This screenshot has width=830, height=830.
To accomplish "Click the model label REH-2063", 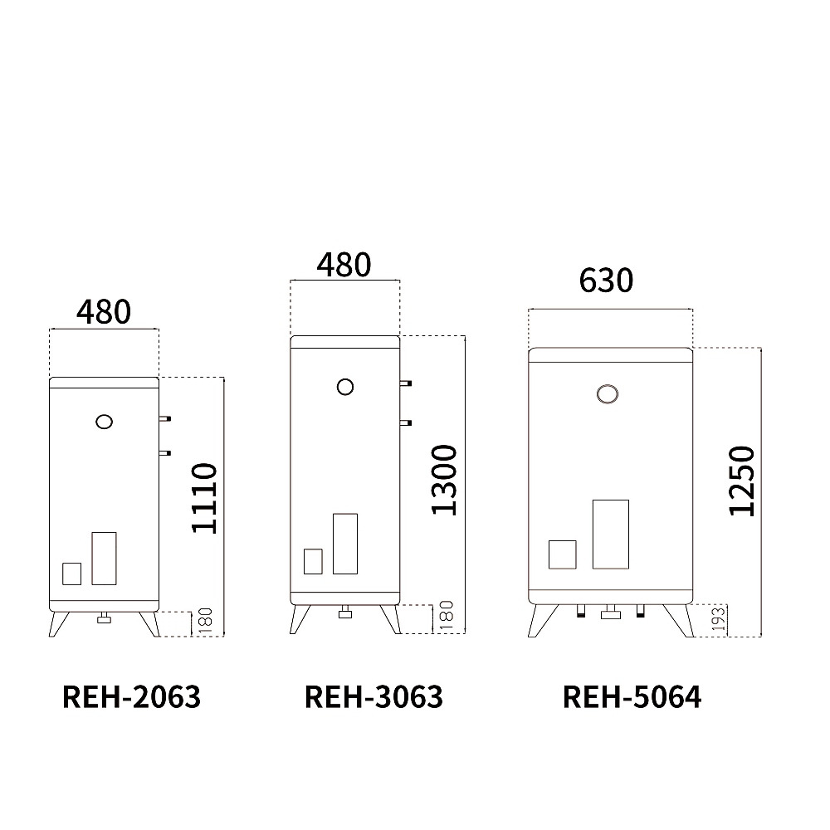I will pyautogui.click(x=131, y=696).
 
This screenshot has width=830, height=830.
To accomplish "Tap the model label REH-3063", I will pyautogui.click(x=373, y=696).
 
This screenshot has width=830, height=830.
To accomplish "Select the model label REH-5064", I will pyautogui.click(x=632, y=696).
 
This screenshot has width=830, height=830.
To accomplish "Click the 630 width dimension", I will pyautogui.click(x=606, y=281).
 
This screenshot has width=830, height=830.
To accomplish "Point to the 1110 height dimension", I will pyautogui.click(x=204, y=498).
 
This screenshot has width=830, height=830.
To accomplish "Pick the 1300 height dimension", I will pyautogui.click(x=445, y=480).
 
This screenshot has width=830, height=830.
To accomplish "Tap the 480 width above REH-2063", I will pyautogui.click(x=104, y=311).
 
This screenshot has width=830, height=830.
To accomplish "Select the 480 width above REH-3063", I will pyautogui.click(x=344, y=265).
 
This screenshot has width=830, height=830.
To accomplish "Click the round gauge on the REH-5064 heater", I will pyautogui.click(x=608, y=394).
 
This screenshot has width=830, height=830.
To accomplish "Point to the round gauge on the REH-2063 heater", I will pyautogui.click(x=104, y=421).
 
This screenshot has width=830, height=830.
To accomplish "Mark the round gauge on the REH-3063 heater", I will pyautogui.click(x=345, y=386).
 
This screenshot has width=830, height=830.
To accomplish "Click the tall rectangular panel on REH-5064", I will pyautogui.click(x=610, y=535).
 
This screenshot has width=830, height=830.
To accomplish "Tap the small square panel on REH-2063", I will pyautogui.click(x=72, y=574).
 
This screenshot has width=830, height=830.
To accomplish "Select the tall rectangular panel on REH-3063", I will pyautogui.click(x=344, y=544).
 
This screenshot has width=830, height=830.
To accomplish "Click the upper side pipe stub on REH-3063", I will pyautogui.click(x=405, y=383).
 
